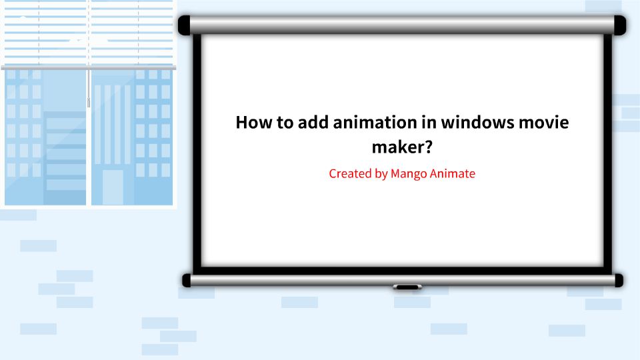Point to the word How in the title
pos(251,123)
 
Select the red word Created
pos(350,174)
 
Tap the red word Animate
pos(454,174)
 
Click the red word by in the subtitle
pos(381,174)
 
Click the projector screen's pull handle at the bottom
pos(407,287)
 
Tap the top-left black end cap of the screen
pos(185,25)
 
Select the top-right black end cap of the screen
pos(619,25)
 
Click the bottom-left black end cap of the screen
pos(187,281)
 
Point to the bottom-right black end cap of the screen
pos(619,281)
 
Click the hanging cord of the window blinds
pos(88,87)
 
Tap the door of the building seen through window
pos(113,187)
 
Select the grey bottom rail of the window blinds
pos(88,67)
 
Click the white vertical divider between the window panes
pos(89,153)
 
